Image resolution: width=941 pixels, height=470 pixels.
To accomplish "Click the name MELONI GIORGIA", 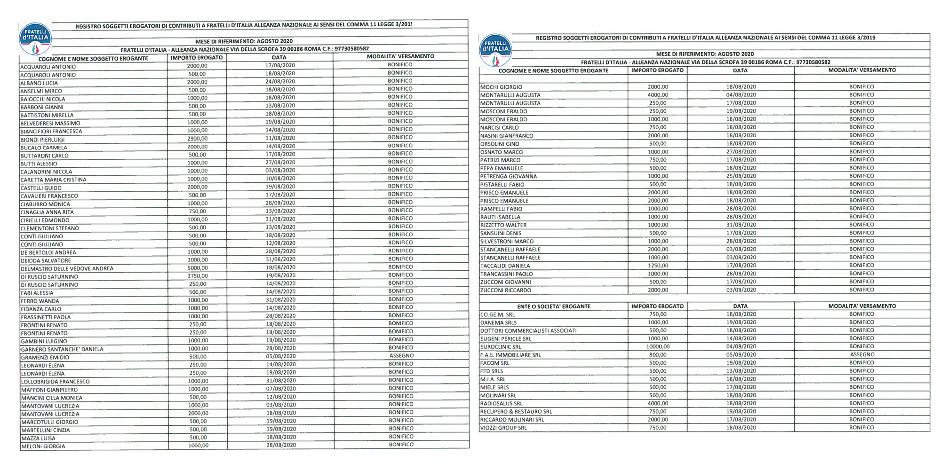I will tap(43, 446).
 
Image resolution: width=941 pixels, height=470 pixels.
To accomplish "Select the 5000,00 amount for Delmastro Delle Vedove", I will tap(198, 268).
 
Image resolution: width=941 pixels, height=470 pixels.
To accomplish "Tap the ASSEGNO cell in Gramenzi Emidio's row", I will tap(401, 356).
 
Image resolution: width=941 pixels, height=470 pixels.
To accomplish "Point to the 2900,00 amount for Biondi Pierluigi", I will tap(197, 139).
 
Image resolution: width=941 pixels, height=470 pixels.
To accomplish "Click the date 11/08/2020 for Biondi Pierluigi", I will tap(280, 138).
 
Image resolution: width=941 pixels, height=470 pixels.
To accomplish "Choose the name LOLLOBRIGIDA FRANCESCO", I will tap(55, 382).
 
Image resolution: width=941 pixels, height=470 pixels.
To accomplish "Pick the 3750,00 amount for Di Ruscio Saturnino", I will tap(198, 276).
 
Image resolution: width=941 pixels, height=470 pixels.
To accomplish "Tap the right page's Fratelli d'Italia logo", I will tap(495, 50).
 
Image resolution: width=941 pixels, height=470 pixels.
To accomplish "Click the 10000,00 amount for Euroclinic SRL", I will tap(658, 346).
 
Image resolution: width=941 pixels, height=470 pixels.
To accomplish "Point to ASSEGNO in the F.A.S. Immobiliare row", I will tap(862, 355).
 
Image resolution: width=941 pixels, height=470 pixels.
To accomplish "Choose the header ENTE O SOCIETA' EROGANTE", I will tap(553, 306).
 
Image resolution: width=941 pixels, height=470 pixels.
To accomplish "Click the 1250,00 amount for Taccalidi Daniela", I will tap(658, 266).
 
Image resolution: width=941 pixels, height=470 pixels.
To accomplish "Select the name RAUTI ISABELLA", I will tap(500, 217).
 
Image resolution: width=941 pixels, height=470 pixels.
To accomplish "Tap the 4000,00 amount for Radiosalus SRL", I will tap(658, 403).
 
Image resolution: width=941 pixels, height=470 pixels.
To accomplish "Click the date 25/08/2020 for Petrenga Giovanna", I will tap(741, 176).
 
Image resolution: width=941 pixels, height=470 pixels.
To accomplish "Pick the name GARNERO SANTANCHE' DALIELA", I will tap(62, 349).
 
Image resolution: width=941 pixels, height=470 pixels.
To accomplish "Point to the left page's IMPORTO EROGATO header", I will tap(197, 58).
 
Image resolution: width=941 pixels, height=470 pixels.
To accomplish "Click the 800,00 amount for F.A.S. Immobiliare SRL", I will tap(658, 355).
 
